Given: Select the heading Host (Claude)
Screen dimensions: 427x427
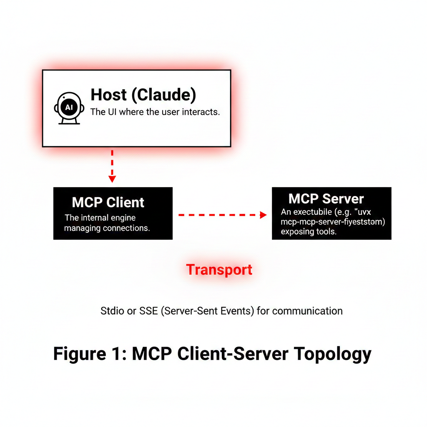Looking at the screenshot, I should (143, 95).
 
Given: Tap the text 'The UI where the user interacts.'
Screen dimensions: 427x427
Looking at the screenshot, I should (155, 112).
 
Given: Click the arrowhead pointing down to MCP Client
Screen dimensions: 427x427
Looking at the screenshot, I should (112, 178).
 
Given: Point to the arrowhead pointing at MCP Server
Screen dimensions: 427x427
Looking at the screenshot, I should (263, 215).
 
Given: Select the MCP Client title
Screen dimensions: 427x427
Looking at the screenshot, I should (108, 202).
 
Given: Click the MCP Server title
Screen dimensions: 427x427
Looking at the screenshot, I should (326, 198).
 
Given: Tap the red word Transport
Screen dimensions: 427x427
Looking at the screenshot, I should (219, 269).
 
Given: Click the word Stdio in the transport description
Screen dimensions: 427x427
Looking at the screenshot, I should (112, 311).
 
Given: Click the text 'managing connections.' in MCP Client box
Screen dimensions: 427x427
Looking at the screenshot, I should (107, 229).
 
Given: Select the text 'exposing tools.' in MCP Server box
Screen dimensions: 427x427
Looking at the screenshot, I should (309, 231).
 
